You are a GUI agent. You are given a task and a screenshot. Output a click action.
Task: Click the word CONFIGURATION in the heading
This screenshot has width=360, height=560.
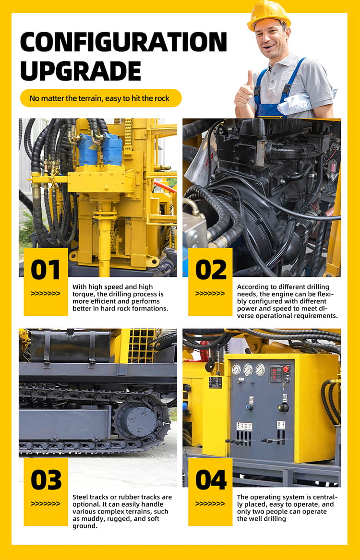123,42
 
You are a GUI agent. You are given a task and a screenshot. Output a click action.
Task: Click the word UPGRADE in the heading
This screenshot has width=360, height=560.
81,71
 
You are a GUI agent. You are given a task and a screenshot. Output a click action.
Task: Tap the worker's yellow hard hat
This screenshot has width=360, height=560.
268,15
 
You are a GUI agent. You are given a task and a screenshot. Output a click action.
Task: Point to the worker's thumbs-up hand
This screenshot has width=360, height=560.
244,93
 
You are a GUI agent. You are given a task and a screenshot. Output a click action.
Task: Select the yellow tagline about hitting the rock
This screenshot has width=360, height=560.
101,98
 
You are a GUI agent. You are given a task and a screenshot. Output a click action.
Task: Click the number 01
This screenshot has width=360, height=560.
46,270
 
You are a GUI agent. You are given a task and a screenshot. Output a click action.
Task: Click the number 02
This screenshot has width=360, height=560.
211,270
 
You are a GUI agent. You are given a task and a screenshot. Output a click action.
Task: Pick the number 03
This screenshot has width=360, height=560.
46,480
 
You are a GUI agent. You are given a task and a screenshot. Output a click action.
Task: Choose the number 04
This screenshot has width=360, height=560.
211,480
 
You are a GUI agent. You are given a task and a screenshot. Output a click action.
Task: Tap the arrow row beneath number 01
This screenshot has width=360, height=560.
45,294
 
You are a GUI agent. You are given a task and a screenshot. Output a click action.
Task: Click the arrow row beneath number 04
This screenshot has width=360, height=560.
210,503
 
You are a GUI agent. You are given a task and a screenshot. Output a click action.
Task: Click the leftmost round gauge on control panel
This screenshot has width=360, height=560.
237,369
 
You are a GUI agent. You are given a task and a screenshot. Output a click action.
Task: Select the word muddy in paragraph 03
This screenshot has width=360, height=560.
95,519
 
